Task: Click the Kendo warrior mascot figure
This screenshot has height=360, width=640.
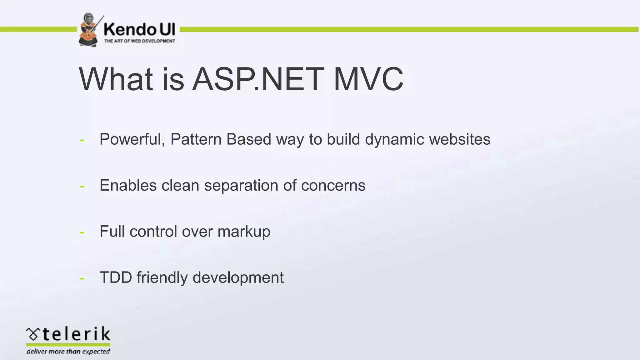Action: click(x=90, y=30)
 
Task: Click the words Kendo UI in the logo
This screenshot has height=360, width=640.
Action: click(x=139, y=30)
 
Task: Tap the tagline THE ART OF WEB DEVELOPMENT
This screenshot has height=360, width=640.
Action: click(x=139, y=41)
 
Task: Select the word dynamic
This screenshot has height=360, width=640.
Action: click(x=394, y=139)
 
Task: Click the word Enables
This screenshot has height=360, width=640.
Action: click(x=128, y=185)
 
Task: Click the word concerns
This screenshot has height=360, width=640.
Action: click(x=333, y=185)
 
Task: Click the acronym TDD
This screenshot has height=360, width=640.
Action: click(x=116, y=277)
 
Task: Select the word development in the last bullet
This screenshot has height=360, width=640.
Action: click(x=238, y=277)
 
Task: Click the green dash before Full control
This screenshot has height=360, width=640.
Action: click(x=82, y=232)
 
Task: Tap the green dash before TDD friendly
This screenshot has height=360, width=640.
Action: click(x=82, y=278)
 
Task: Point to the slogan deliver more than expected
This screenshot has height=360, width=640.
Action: click(x=68, y=352)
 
